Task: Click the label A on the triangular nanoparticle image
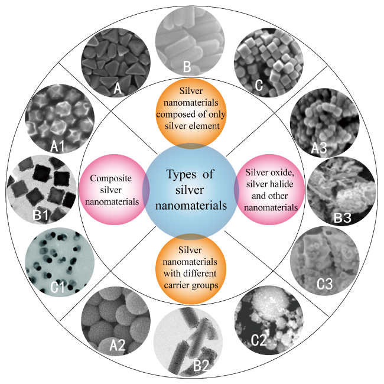[x=118, y=88]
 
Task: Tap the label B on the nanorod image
[x=187, y=66]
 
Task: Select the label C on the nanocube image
[x=259, y=85]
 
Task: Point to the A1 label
[x=57, y=146]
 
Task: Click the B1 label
[x=40, y=215]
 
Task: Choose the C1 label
[x=58, y=287]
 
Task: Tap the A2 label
[x=118, y=346]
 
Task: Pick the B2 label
[x=201, y=366]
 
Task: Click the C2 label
[x=259, y=340]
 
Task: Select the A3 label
[x=319, y=148]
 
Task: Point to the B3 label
[x=343, y=218]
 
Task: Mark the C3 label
[x=325, y=284]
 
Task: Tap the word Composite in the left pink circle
[x=110, y=178]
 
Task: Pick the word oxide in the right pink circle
[x=282, y=173]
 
